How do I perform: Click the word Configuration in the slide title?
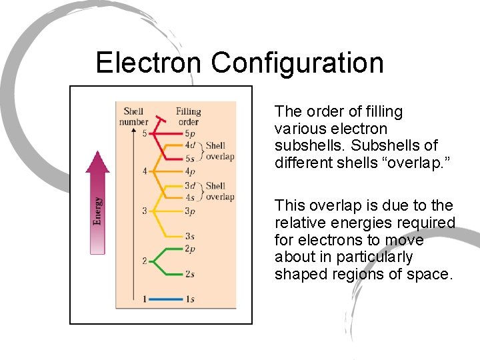(297, 63)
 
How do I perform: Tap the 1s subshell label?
(190, 300)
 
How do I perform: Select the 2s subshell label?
(190, 275)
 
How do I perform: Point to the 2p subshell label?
(190, 249)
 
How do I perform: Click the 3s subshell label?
(190, 237)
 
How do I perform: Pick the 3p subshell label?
(190, 212)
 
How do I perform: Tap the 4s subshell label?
(190, 197)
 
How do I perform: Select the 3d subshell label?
(190, 186)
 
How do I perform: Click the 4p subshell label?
(190, 171)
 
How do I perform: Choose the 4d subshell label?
(190, 145)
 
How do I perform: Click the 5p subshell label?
(190, 133)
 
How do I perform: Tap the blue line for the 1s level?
(165, 300)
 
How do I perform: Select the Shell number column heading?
(133, 117)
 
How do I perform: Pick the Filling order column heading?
(188, 117)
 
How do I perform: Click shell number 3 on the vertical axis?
(144, 212)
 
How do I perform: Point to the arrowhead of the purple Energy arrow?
(98, 162)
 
